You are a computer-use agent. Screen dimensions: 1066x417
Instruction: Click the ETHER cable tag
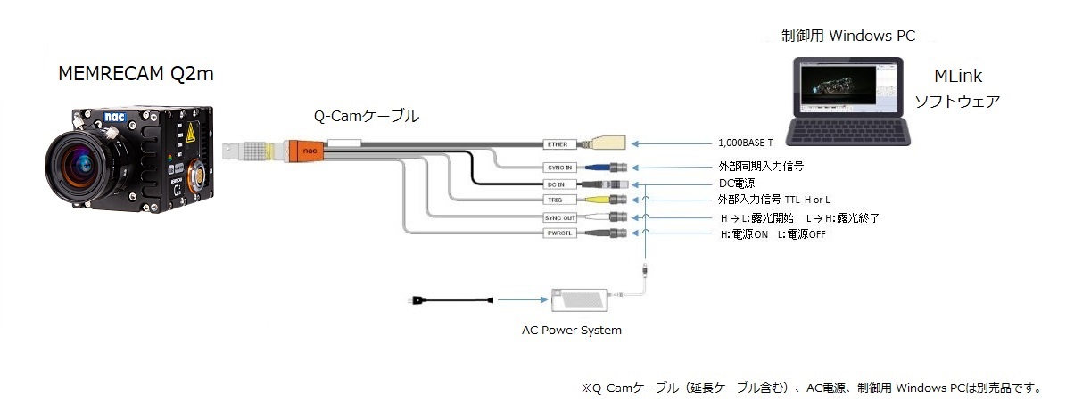click(x=559, y=144)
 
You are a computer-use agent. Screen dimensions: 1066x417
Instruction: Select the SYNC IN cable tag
click(x=559, y=168)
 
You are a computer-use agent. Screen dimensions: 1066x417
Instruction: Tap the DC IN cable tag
click(x=559, y=184)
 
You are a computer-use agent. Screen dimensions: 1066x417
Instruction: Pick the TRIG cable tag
click(x=559, y=200)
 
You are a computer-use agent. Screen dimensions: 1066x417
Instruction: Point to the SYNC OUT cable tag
click(x=559, y=217)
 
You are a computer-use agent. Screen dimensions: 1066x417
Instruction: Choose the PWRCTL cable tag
click(x=559, y=233)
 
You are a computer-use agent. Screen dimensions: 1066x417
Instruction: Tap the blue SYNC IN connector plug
click(x=596, y=168)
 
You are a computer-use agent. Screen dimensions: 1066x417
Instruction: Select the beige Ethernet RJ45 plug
click(x=610, y=144)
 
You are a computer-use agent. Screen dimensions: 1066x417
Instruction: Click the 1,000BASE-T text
click(x=746, y=143)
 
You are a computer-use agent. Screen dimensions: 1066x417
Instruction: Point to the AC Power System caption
click(x=572, y=331)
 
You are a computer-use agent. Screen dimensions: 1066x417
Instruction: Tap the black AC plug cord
click(x=450, y=299)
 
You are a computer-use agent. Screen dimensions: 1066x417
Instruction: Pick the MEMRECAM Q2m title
click(x=136, y=73)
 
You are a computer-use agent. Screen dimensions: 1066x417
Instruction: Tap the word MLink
click(x=958, y=76)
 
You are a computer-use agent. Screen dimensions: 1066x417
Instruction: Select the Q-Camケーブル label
click(x=367, y=116)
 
